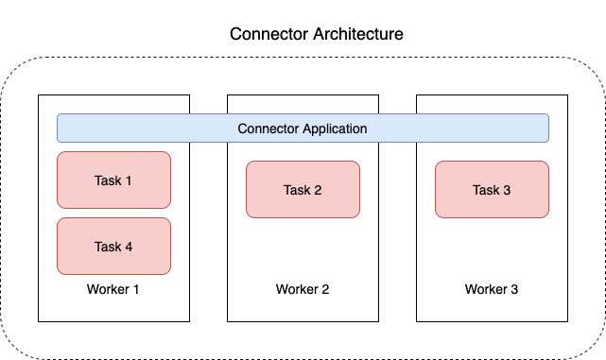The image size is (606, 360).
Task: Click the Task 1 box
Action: click(113, 180)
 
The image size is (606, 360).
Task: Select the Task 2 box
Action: click(303, 189)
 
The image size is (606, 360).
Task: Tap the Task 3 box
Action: click(492, 189)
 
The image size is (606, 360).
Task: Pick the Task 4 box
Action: click(113, 246)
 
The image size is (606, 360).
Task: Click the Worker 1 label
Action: click(113, 289)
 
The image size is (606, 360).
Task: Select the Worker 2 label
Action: click(303, 289)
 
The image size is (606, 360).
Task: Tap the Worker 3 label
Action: click(492, 289)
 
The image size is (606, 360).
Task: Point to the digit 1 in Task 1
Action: click(129, 180)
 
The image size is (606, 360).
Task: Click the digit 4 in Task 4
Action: click(129, 247)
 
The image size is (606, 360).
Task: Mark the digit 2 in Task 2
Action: click(318, 190)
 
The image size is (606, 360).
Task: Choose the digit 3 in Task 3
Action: click(507, 190)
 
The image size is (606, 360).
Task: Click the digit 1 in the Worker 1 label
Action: click(136, 289)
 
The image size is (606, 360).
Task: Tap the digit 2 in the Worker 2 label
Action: click(325, 289)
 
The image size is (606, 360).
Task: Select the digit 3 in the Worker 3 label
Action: click(514, 289)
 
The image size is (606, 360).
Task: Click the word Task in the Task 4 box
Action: click(107, 247)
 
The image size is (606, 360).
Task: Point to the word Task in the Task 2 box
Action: click(296, 190)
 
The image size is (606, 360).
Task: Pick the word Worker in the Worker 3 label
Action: click(485, 289)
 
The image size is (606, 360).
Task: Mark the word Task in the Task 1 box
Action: click(107, 180)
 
